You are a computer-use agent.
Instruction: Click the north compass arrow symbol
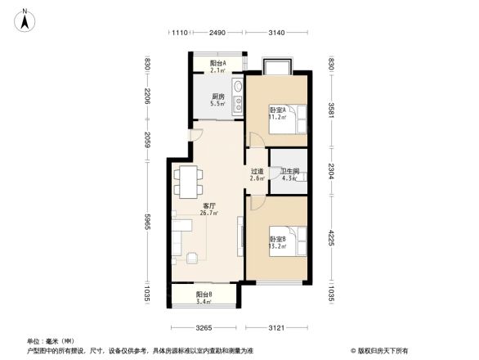tap(25, 17)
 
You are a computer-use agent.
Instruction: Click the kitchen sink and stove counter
tap(236, 95)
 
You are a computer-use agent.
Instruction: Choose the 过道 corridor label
tap(257, 175)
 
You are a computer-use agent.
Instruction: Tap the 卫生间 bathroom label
tap(291, 174)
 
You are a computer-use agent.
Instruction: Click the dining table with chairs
tap(188, 178)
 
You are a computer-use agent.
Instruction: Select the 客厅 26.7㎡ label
tap(209, 209)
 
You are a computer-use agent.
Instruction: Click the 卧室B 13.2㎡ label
tap(276, 242)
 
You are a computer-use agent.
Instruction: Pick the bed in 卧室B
tap(298, 241)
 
